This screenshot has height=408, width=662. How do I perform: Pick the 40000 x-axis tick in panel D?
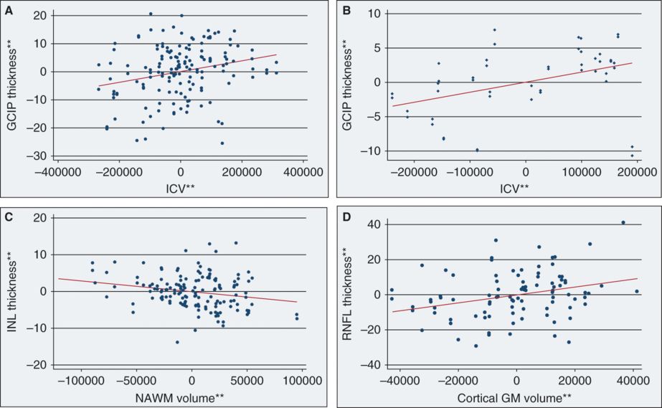pos(633,378)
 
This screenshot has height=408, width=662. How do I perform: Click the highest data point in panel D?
pos(623,222)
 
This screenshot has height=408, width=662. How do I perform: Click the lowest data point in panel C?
pos(177,342)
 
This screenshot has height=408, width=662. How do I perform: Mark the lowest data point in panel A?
pos(222,143)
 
